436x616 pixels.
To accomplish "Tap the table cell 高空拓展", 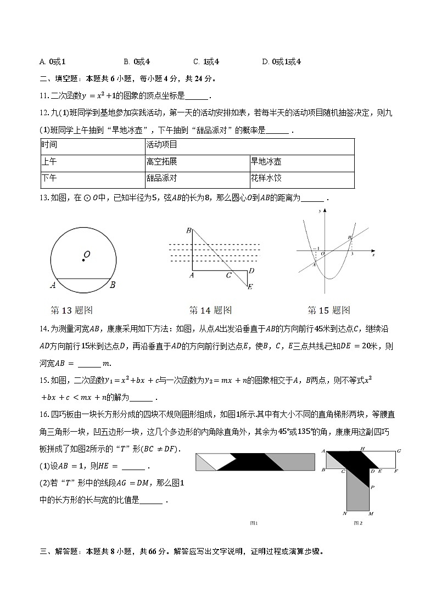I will coord(162,162).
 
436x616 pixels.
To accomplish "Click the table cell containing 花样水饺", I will coord(266,179).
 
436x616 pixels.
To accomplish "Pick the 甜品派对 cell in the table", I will coord(162,179).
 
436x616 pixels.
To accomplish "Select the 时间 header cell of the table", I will coord(49,145).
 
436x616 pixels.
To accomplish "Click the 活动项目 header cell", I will coord(162,145).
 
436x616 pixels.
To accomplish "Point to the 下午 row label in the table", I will coord(49,179).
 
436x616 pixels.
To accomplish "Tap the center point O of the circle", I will coord(83,260).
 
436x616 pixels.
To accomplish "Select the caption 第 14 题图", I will coord(210,310).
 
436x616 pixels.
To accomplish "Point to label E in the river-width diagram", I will coord(250,286).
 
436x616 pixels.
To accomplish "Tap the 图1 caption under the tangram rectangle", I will coord(254,523).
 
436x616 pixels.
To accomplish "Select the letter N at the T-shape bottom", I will coord(344,514).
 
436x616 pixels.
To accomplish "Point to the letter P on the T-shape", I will coord(373,487).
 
